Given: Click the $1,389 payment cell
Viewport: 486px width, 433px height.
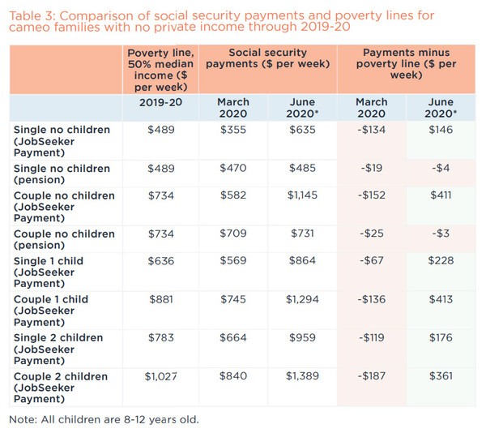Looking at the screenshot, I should coord(303,375).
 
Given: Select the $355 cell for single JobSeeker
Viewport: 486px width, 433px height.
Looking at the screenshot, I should coord(233,129).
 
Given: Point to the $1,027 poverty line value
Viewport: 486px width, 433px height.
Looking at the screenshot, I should coord(160,375).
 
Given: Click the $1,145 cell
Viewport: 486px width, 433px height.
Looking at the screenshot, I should coord(303,195).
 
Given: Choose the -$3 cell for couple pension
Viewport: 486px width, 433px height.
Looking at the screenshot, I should coord(442,234).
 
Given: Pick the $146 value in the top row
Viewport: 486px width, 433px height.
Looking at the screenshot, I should coord(442,129).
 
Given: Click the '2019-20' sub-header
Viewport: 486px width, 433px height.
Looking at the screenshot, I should coord(160,102).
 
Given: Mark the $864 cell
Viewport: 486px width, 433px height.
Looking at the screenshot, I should coord(303,261).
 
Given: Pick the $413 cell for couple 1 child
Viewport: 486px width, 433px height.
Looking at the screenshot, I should coord(442,299).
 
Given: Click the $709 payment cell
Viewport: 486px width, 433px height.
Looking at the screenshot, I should coord(233,234).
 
